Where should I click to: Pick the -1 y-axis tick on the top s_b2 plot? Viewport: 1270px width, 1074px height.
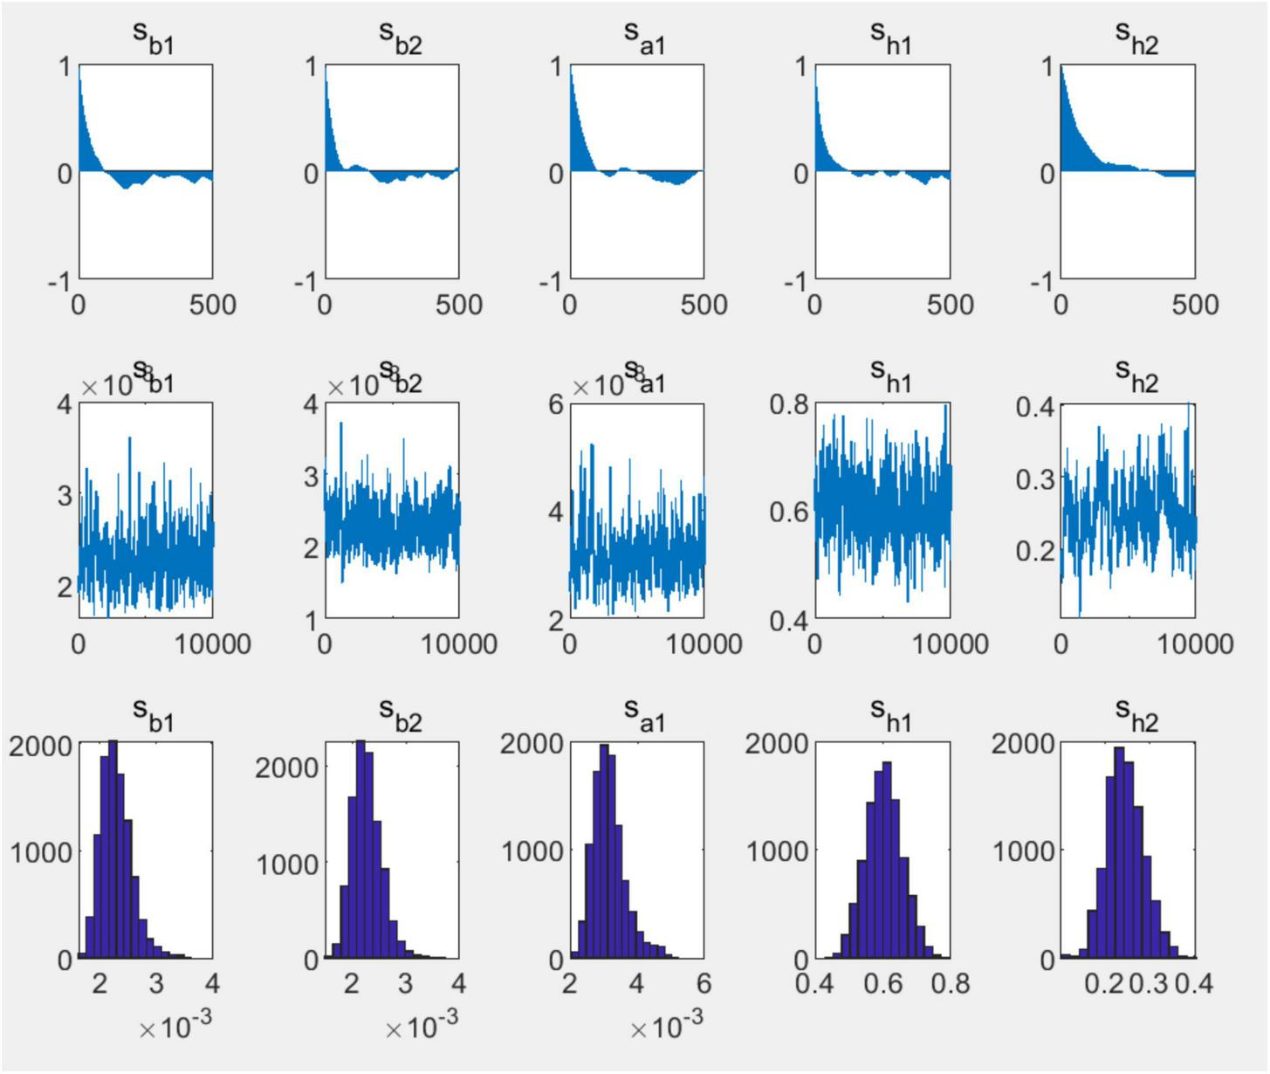coord(305,282)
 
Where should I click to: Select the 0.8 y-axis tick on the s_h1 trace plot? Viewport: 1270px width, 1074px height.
coord(790,404)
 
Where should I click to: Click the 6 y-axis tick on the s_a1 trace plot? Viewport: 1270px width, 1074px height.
coord(556,404)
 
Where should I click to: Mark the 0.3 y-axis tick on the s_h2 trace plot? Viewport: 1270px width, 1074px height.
coord(1036,478)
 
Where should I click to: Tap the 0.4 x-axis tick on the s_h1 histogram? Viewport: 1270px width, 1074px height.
coord(814,984)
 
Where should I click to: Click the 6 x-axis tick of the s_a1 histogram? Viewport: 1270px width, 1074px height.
coord(704,984)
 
